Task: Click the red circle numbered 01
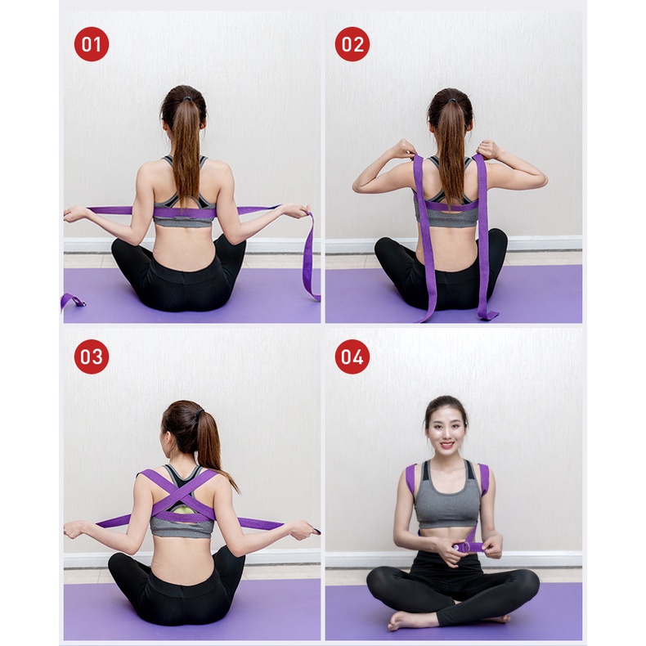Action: (x=92, y=44)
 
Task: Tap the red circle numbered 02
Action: (x=352, y=44)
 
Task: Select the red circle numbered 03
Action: (x=92, y=357)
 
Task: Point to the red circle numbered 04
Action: (x=352, y=357)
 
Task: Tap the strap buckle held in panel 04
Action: (x=469, y=545)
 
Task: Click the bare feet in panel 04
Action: (x=409, y=619)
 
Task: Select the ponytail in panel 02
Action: (x=451, y=147)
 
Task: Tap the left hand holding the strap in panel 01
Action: (x=77, y=213)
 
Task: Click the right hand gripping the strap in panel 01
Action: (x=294, y=212)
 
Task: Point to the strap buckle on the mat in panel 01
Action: (x=72, y=301)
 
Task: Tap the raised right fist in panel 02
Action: (x=488, y=149)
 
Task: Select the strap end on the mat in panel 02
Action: (x=489, y=314)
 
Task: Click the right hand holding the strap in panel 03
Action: (x=302, y=530)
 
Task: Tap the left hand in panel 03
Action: (x=75, y=529)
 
